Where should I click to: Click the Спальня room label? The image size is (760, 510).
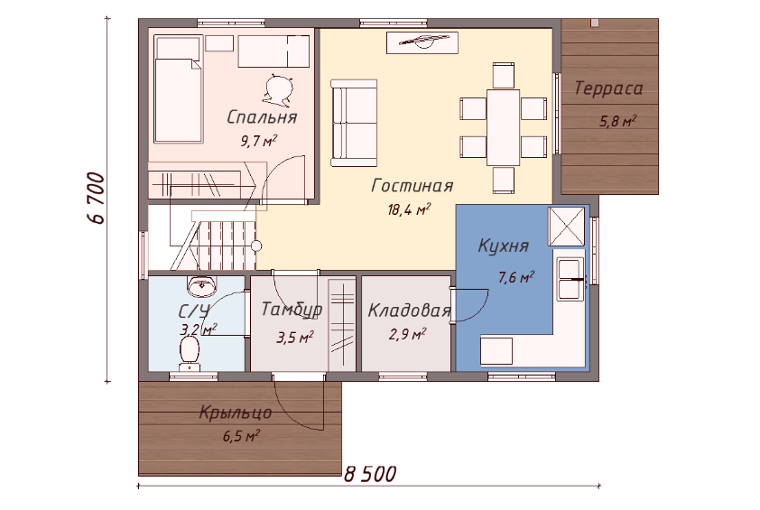click(262, 117)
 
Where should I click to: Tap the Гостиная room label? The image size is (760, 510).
click(412, 186)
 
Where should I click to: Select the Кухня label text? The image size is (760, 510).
click(503, 246)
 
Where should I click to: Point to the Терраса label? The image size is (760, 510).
click(608, 88)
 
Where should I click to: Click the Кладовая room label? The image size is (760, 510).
click(409, 311)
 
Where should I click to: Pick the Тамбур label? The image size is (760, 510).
click(292, 311)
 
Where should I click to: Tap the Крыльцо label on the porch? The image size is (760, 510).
click(236, 413)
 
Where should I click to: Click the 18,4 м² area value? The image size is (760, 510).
click(409, 209)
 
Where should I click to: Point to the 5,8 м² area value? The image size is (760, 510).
click(618, 122)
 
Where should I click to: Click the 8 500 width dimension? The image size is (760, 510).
click(370, 473)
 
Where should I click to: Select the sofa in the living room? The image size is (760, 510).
click(354, 123)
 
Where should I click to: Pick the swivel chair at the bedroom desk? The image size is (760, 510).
click(279, 88)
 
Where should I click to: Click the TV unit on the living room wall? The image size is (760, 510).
click(421, 42)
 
